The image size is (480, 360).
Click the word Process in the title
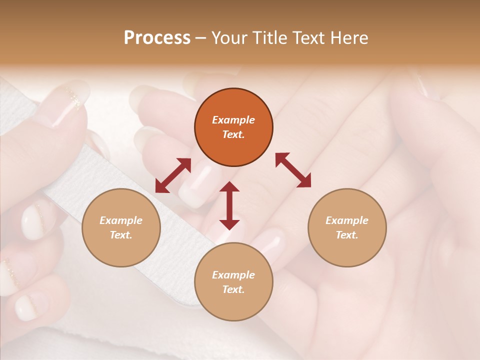coord(157,38)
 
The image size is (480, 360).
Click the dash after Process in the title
coord(200,38)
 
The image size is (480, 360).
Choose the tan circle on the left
coord(121,227)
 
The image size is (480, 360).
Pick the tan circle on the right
coord(347,227)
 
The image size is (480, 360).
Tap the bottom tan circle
coord(233,282)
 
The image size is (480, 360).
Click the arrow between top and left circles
coord(173,175)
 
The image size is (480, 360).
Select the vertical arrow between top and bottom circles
coord(229,205)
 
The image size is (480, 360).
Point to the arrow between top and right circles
coord(293,170)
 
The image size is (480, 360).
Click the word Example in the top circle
coord(233,120)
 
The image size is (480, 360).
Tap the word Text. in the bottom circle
coord(233,289)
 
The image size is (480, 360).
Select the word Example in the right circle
coord(347,220)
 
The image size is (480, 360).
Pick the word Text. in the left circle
coord(121,235)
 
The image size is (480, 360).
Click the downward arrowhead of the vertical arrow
coord(229,223)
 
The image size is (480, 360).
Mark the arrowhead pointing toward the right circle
coord(304,181)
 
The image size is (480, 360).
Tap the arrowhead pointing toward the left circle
coord(161,186)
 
